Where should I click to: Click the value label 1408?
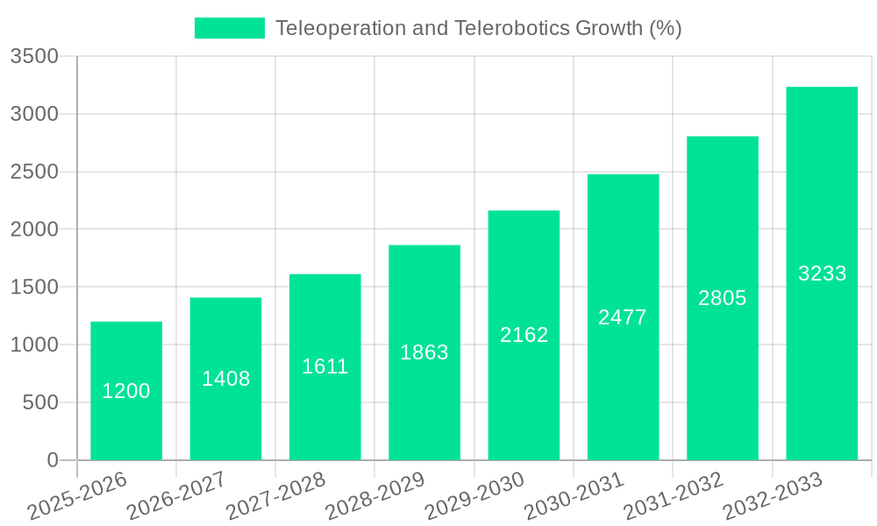click(x=226, y=379)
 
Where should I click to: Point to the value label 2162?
click(x=524, y=335)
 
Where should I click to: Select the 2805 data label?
click(x=723, y=298)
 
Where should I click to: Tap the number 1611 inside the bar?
click(x=325, y=366)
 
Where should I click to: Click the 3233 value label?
click(x=823, y=274)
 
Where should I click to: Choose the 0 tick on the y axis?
click(x=53, y=460)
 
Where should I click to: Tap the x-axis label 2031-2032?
click(x=674, y=496)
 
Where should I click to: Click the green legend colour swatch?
click(x=230, y=28)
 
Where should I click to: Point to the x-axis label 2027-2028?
click(x=276, y=496)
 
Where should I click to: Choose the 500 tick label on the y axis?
click(x=40, y=403)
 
